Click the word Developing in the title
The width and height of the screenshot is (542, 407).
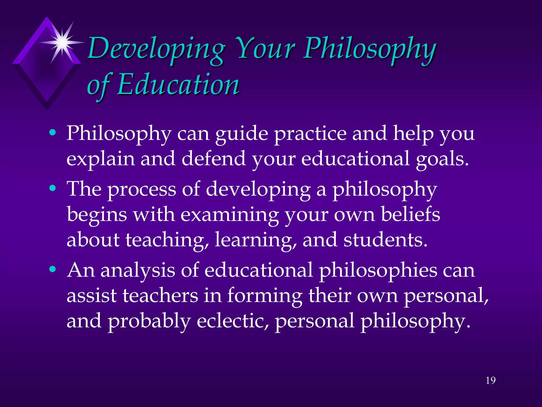click(156, 49)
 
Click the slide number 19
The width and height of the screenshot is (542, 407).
click(491, 381)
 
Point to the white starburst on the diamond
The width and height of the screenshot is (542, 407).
click(62, 42)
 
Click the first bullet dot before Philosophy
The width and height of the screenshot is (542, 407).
click(53, 132)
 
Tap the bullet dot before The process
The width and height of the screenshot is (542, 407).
click(53, 188)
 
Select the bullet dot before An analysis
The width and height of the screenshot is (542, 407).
click(53, 269)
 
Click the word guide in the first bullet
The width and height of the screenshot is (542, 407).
click(241, 134)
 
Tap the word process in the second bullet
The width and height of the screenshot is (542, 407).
click(142, 190)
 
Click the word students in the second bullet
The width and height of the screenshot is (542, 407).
click(385, 240)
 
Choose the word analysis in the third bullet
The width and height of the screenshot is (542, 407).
click(138, 271)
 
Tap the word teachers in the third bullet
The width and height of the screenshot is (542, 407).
click(160, 295)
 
